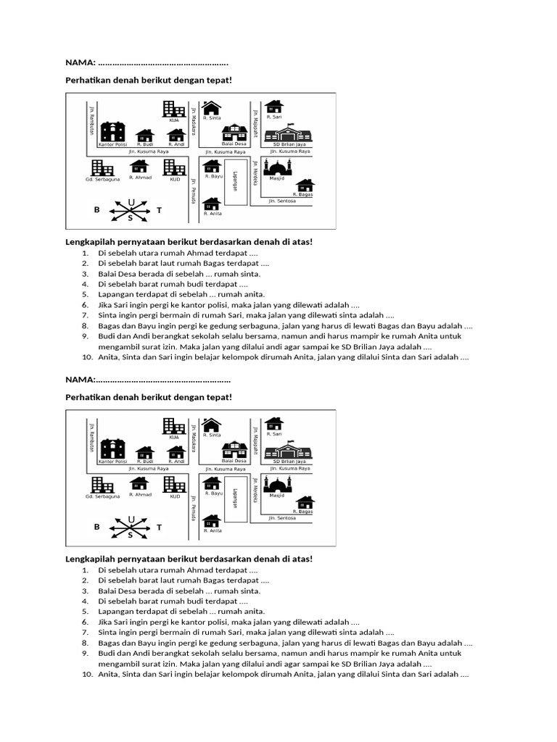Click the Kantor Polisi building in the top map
112,131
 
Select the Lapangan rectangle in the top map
234,183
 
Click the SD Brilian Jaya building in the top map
289,135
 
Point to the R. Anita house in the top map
212,204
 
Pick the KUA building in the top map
174,109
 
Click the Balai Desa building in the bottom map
234,450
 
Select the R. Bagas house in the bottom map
305,502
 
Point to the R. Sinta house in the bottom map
211,424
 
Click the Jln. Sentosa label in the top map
282,201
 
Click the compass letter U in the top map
131,201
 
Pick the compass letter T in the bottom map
160,528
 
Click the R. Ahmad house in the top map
139,167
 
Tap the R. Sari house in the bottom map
273,423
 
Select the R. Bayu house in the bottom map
212,483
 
